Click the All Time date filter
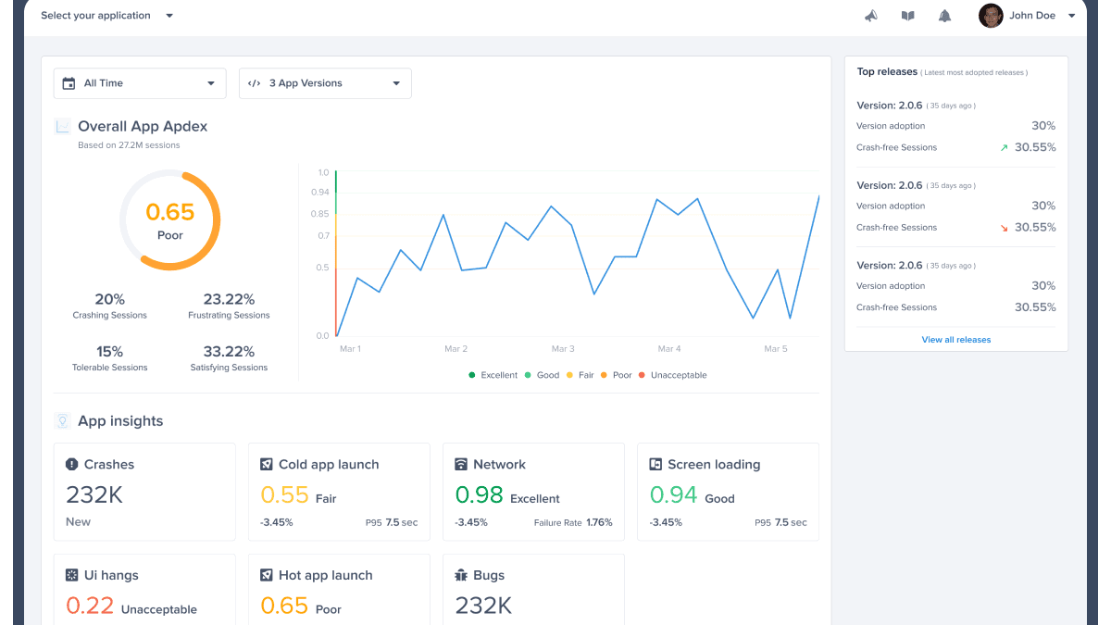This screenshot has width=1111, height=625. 140,83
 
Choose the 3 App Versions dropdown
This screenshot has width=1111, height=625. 325,83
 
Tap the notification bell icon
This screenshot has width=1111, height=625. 944,16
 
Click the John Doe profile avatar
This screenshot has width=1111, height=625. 991,16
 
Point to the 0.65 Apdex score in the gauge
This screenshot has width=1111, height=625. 170,212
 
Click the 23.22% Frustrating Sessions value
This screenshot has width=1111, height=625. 229,299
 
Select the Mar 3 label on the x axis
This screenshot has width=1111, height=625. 563,349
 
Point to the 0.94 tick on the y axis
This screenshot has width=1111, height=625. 319,192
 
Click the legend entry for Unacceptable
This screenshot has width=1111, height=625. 678,375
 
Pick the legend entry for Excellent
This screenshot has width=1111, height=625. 498,375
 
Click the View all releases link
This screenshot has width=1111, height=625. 955,340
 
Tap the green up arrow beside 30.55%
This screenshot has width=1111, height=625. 1003,147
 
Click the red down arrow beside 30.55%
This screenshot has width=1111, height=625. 1003,228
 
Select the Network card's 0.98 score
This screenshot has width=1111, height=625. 479,495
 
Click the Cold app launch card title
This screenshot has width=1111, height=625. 329,465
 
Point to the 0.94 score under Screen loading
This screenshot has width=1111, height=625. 673,495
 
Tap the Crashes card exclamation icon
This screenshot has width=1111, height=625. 72,465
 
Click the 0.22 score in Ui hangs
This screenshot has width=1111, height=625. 90,606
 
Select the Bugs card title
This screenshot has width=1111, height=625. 489,575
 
